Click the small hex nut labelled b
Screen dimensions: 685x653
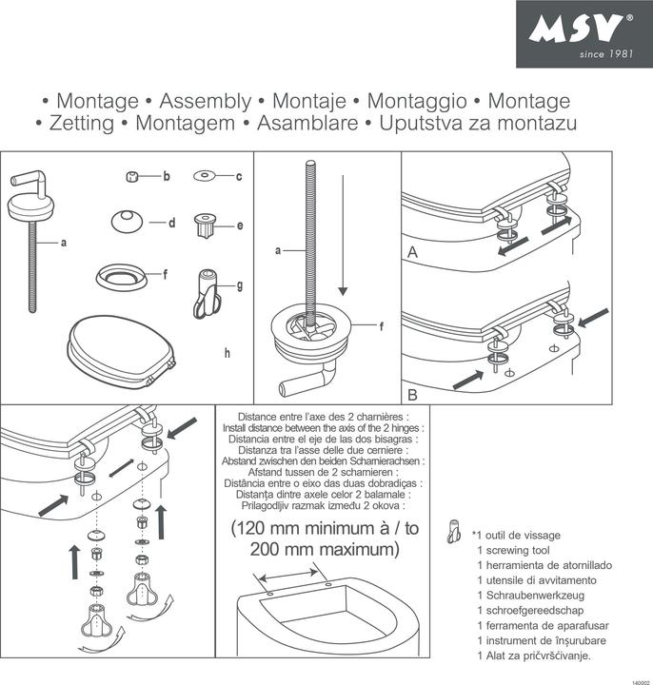tap(134, 177)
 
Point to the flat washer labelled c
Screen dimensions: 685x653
tap(205, 176)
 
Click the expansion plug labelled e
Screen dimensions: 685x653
tap(205, 226)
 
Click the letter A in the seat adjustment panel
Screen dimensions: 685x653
tap(412, 253)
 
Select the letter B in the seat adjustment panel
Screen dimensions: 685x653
tap(412, 392)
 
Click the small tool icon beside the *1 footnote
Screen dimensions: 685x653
tap(455, 536)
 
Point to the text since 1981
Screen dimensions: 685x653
tap(604, 53)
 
